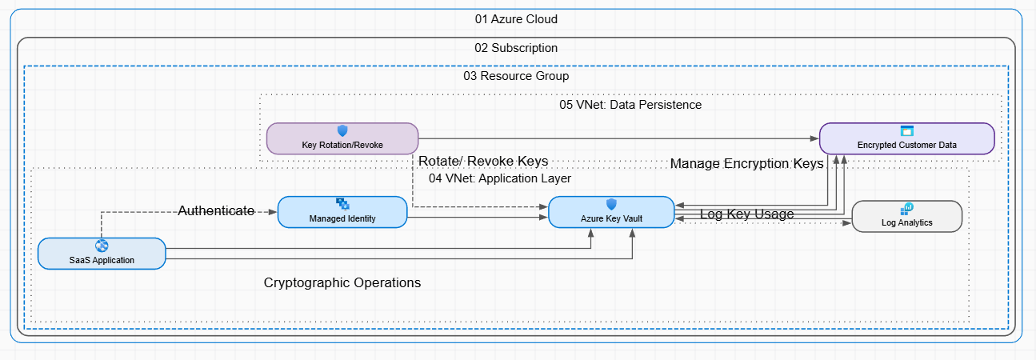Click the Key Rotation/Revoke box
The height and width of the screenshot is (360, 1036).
pyautogui.click(x=342, y=138)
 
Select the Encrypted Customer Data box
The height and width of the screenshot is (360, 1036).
pyautogui.click(x=906, y=138)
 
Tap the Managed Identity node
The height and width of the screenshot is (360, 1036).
pyautogui.click(x=342, y=212)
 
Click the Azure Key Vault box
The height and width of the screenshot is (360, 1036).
pyautogui.click(x=611, y=212)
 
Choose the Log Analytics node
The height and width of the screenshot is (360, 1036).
pyautogui.click(x=906, y=216)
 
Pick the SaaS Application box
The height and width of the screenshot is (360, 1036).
pyautogui.click(x=102, y=253)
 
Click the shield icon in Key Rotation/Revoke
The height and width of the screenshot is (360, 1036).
pyautogui.click(x=342, y=130)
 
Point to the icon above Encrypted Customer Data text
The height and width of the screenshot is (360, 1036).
pyautogui.click(x=907, y=130)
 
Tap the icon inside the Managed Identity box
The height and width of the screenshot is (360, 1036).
pyautogui.click(x=342, y=204)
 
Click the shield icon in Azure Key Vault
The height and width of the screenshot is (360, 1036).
pyautogui.click(x=611, y=204)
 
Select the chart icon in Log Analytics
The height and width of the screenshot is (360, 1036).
pyautogui.click(x=907, y=209)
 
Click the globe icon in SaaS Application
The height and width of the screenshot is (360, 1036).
pyautogui.click(x=102, y=246)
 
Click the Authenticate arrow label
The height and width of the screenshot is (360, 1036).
pyautogui.click(x=216, y=211)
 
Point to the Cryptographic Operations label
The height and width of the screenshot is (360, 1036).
pyautogui.click(x=342, y=283)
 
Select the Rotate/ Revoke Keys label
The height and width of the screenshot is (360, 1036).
pyautogui.click(x=483, y=162)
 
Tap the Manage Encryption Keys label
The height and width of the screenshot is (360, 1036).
pyautogui.click(x=746, y=164)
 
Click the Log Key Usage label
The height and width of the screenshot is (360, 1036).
pyautogui.click(x=746, y=214)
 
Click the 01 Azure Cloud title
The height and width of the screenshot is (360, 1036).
pyautogui.click(x=516, y=19)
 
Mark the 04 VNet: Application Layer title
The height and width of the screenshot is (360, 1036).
pyautogui.click(x=500, y=178)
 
